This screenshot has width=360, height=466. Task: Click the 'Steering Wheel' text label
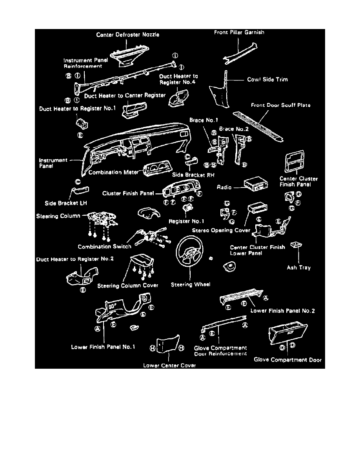pyautogui.click(x=191, y=285)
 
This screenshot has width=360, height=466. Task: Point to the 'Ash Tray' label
pyautogui.click(x=299, y=268)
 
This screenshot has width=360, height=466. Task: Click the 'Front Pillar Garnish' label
pyautogui.click(x=239, y=33)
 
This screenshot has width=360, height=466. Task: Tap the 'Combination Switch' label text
pyautogui.click(x=104, y=247)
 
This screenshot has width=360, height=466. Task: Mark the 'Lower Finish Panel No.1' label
pyautogui.click(x=103, y=347)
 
